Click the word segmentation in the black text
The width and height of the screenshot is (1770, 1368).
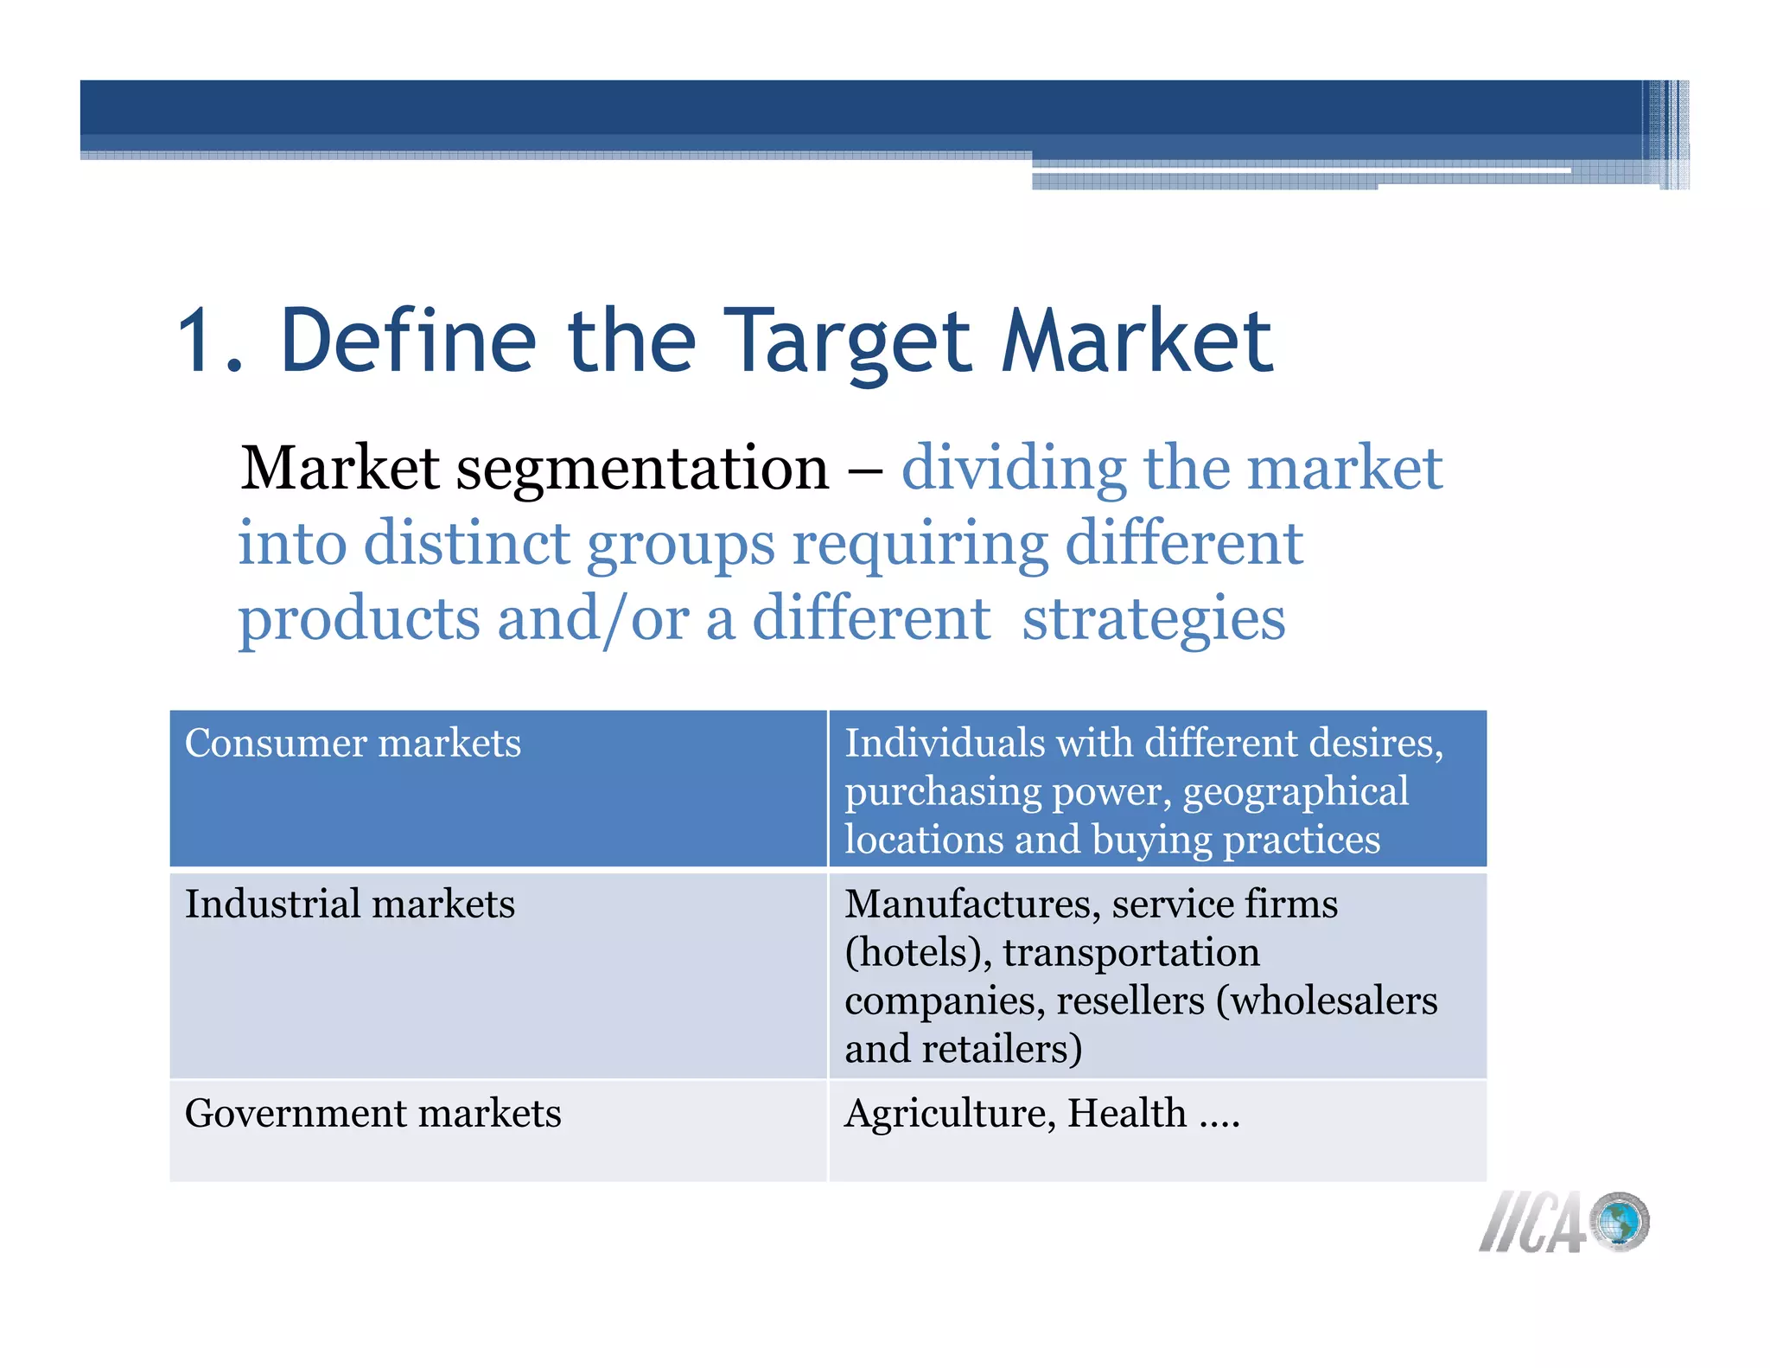pos(642,469)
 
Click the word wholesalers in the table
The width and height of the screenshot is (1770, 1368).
pos(1326,1001)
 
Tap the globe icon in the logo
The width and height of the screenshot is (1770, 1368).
pos(1620,1222)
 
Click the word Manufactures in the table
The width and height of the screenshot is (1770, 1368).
pos(972,905)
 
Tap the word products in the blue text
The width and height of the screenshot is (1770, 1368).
pos(359,621)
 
